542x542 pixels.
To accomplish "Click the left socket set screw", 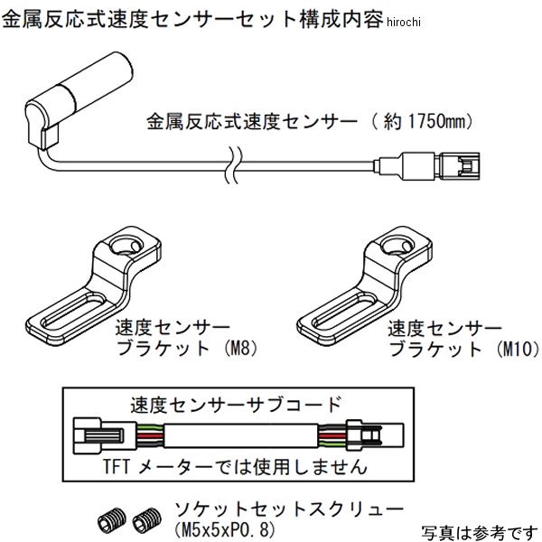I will [106, 518].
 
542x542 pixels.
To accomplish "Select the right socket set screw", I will [140, 518].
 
